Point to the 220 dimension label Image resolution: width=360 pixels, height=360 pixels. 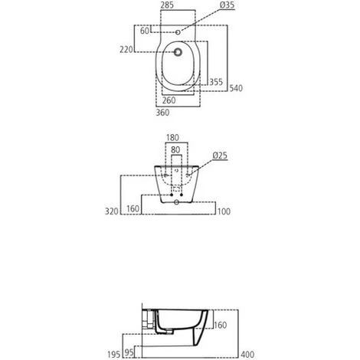coord(128,51)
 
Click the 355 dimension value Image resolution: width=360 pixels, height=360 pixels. coord(215,82)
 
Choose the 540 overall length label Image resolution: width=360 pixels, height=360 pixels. coord(237,89)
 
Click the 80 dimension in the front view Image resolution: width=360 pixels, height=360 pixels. coord(175,150)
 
